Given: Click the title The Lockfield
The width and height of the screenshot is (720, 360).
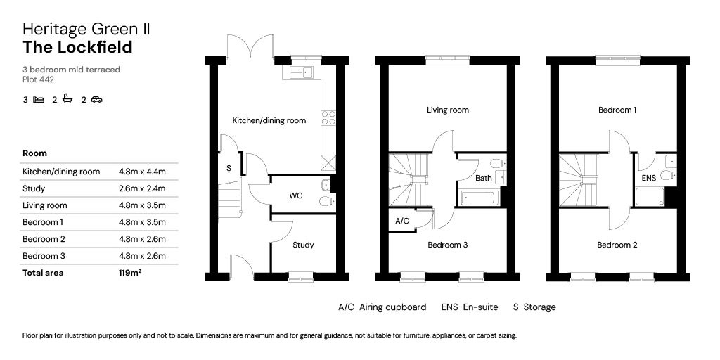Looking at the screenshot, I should pos(77,47).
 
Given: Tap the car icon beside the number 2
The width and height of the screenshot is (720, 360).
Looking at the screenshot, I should pos(96,99).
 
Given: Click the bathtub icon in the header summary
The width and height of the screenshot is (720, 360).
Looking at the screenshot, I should pos(67,99).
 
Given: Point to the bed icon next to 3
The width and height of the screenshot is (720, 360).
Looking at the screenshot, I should pos(38,99).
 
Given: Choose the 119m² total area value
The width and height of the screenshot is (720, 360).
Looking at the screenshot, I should pos(130,273).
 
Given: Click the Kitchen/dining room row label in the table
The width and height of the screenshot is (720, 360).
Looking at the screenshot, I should pos(61,172).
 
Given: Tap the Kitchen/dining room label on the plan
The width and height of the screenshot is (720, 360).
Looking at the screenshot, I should pos(269,120).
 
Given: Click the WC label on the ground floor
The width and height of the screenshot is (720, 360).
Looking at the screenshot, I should pos(296,195).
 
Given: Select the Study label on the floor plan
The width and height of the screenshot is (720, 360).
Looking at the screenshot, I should pos(303,245).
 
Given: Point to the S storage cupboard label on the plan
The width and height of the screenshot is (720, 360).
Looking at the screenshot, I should pos(229,169).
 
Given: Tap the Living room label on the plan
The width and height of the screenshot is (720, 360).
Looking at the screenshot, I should pos(448,110).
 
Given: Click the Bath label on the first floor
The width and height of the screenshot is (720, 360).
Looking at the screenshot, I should pos(483,178).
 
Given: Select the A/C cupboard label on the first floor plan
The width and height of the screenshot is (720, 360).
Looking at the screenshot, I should pos(402,220).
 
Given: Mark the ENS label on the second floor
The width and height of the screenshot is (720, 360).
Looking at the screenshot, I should pos(648,178).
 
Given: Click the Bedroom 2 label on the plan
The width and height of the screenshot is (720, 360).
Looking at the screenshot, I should pos(617,245).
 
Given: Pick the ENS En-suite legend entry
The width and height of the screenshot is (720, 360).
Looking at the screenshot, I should pos(470,307).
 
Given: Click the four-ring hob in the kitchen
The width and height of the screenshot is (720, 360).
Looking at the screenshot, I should pos(328,117).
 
